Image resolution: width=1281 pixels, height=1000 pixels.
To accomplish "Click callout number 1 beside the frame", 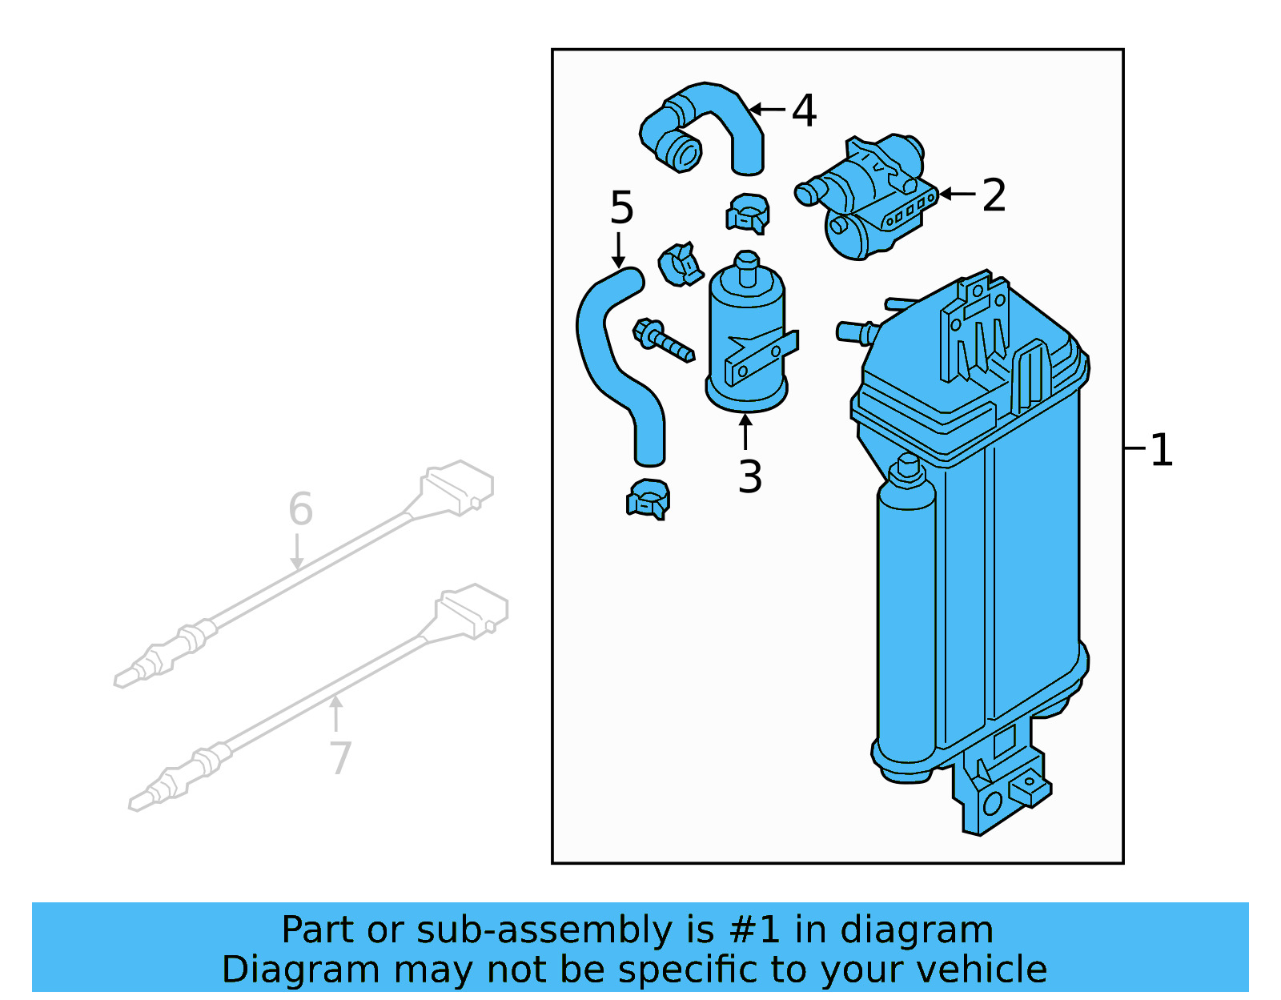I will pyautogui.click(x=1161, y=450).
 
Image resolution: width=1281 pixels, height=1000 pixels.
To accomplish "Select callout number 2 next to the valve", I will pyautogui.click(x=994, y=195).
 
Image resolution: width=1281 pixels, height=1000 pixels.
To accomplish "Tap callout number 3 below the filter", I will pyautogui.click(x=749, y=477).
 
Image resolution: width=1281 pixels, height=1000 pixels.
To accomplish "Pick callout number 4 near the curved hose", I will pyautogui.click(x=804, y=110).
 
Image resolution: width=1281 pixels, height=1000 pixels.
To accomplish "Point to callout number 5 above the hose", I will pyautogui.click(x=621, y=208).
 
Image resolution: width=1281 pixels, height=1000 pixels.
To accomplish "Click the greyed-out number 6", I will pyautogui.click(x=300, y=509).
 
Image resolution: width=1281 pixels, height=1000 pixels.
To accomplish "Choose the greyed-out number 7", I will pyautogui.click(x=340, y=757).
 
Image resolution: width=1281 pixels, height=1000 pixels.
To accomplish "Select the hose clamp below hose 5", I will pyautogui.click(x=648, y=500).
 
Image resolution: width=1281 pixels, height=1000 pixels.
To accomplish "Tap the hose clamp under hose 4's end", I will pyautogui.click(x=748, y=214).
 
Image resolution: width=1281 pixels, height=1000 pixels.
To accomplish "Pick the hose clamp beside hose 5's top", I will pyautogui.click(x=681, y=265).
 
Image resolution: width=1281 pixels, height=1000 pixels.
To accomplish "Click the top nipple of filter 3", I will pyautogui.click(x=746, y=267).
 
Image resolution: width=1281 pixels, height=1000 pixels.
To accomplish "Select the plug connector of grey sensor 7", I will pyautogui.click(x=472, y=609).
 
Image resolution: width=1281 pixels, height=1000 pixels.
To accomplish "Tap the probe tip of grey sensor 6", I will pyautogui.click(x=124, y=680).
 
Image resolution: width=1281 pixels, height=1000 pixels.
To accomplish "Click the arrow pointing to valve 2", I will pyautogui.click(x=957, y=194).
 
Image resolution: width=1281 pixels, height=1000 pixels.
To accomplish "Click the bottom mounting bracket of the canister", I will pyautogui.click(x=1001, y=789).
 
